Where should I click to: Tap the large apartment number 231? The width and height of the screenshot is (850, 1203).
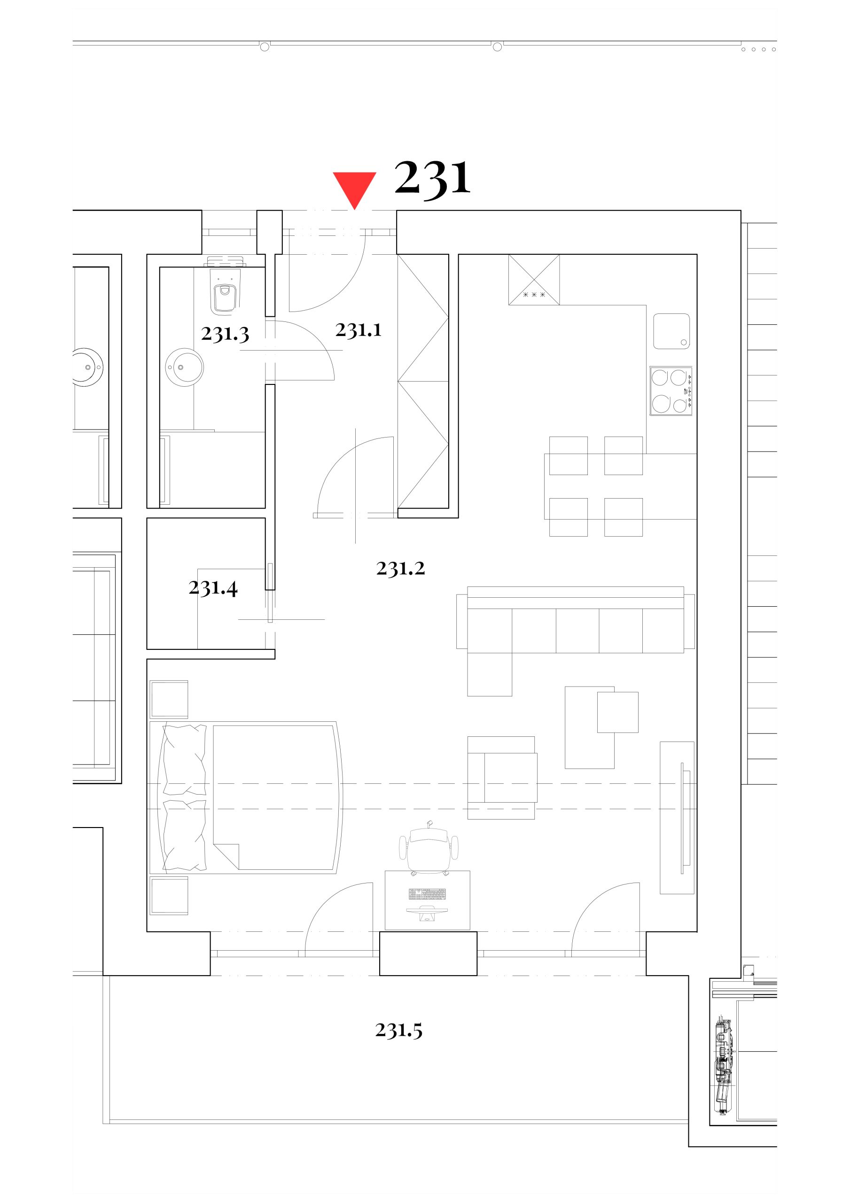pyautogui.click(x=432, y=179)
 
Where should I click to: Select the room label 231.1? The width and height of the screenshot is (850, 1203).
pyautogui.click(x=359, y=330)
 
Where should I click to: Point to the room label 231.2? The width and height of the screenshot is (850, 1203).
pyautogui.click(x=400, y=569)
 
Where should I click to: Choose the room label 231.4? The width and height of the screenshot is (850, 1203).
pyautogui.click(x=213, y=588)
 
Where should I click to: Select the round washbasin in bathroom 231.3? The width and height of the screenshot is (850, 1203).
pyautogui.click(x=185, y=367)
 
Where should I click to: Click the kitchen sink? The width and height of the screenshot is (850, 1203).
pyautogui.click(x=671, y=331)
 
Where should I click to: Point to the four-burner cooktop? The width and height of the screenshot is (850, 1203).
pyautogui.click(x=671, y=391)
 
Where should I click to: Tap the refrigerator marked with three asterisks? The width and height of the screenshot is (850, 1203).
pyautogui.click(x=534, y=280)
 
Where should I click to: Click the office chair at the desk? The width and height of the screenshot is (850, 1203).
pyautogui.click(x=429, y=848)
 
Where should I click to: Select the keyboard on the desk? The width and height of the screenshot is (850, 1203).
pyautogui.click(x=427, y=893)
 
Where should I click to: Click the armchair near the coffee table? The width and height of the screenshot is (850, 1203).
pyautogui.click(x=502, y=778)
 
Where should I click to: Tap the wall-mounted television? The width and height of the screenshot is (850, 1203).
pyautogui.click(x=685, y=818)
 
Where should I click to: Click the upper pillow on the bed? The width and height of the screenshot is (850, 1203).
pyautogui.click(x=185, y=760)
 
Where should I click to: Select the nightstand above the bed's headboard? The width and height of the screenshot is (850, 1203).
pyautogui.click(x=169, y=699)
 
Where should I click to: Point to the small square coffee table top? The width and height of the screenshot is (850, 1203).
pyautogui.click(x=618, y=712)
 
